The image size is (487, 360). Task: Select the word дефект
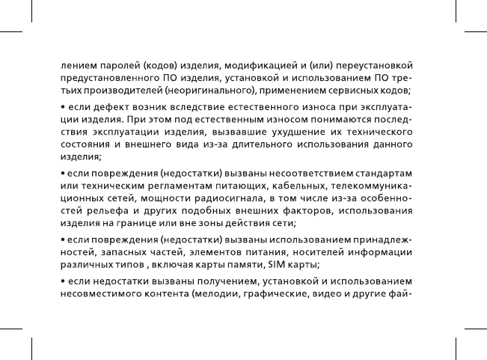click(108, 109)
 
